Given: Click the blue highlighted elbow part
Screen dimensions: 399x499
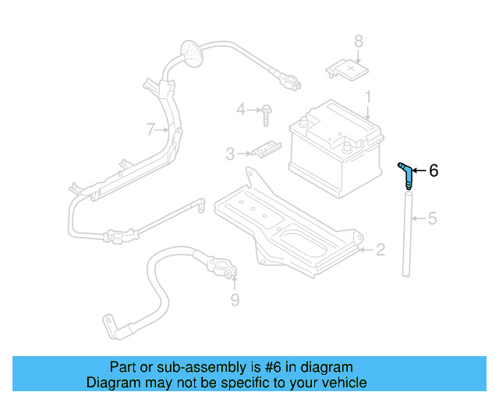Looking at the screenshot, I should click(x=405, y=173).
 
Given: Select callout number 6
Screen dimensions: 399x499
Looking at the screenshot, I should click(x=434, y=170).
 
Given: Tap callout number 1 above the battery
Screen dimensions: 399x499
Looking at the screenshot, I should click(x=369, y=98).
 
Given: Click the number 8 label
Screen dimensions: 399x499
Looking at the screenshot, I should click(x=359, y=41).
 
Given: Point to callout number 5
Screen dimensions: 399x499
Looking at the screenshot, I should click(x=432, y=219).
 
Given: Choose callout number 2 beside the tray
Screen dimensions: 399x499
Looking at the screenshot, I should click(x=380, y=250).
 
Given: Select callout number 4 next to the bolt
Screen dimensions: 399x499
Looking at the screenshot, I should click(x=241, y=109).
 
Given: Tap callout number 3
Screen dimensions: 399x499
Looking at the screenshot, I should click(x=230, y=154).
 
